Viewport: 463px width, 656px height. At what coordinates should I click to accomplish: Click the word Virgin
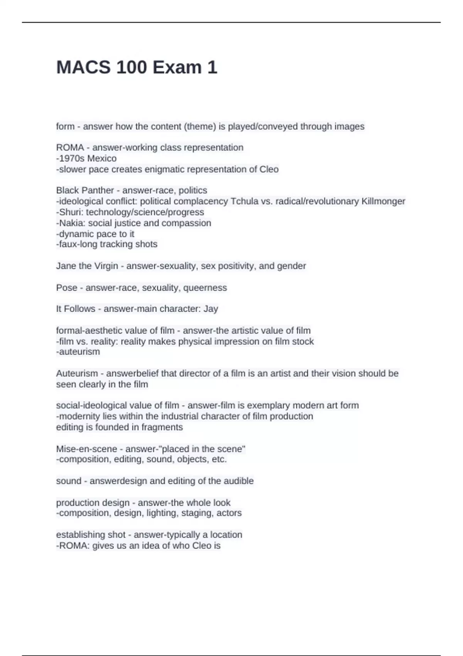tap(103, 266)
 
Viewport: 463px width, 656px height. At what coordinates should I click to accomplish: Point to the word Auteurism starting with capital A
tap(77, 373)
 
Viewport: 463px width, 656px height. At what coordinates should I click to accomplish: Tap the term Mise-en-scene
tap(86, 449)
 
